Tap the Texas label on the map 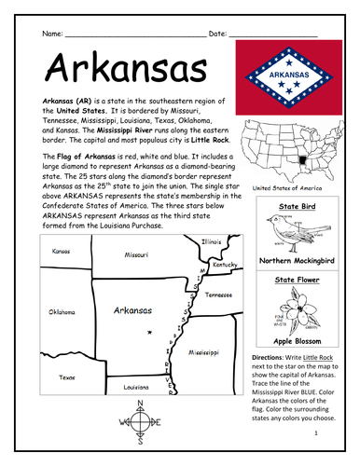coord(67,377)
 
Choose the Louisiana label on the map coord(137,385)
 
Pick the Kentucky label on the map coord(225,265)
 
